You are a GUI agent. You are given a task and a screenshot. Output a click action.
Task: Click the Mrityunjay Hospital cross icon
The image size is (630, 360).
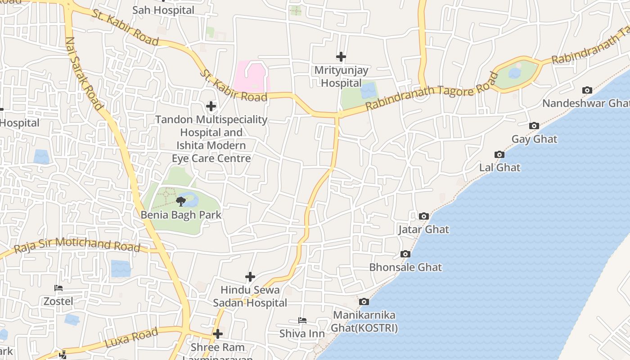(341, 57)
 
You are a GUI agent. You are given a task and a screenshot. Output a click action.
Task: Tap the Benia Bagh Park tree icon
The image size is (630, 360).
(181, 201)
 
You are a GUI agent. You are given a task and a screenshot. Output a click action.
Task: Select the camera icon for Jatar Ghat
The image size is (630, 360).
(423, 216)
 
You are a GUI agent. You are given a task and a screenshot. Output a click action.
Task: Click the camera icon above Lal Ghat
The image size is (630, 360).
(499, 154)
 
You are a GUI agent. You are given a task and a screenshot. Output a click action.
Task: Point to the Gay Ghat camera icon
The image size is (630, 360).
(534, 126)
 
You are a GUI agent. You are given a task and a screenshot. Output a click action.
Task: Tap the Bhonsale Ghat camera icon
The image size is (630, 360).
(405, 254)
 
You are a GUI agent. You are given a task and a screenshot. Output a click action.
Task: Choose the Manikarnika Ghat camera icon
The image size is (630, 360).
(364, 301)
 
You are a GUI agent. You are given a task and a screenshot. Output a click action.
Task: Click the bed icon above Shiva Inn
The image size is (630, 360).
(302, 320)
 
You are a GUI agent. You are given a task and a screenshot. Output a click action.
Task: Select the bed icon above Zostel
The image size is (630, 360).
(58, 288)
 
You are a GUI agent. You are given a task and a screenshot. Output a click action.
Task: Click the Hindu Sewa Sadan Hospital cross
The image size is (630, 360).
(250, 277)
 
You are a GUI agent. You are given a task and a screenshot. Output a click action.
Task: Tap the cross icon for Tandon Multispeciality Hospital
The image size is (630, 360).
(211, 107)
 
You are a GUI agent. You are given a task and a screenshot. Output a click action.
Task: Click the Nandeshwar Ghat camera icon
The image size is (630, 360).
(587, 90)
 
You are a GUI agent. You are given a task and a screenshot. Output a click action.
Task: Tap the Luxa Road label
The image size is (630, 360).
(131, 337)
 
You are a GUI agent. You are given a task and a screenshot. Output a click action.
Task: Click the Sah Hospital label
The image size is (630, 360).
(163, 10)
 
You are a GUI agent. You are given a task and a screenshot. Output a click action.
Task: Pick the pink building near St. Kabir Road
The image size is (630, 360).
(252, 76)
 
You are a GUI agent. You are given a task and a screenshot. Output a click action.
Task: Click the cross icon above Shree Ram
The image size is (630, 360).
(218, 334)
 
